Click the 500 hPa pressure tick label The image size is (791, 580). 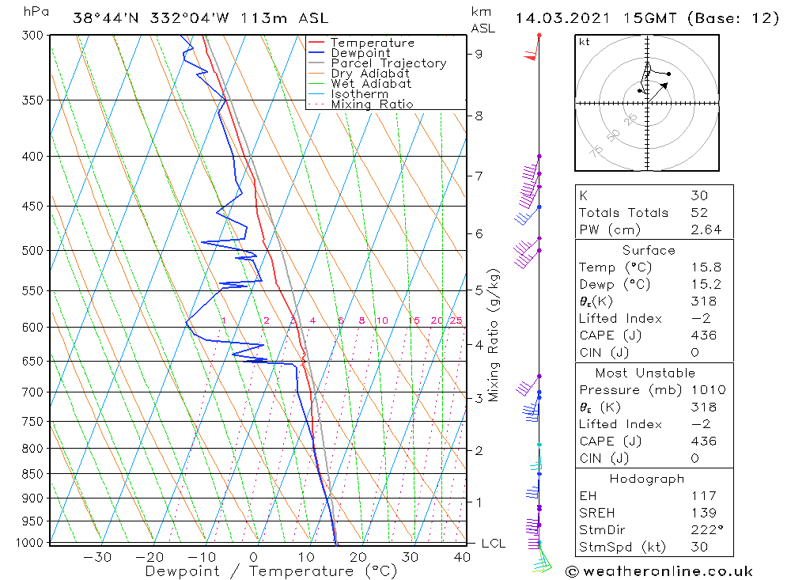pyautogui.click(x=32, y=250)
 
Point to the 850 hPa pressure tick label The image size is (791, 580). pyautogui.click(x=32, y=474)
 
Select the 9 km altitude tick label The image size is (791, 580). pyautogui.click(x=479, y=54)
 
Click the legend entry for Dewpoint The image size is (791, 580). pyautogui.click(x=360, y=53)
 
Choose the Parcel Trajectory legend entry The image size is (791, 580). pyautogui.click(x=388, y=63)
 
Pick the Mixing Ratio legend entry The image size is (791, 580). pyautogui.click(x=372, y=104)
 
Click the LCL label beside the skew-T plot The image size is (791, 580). pyautogui.click(x=494, y=543)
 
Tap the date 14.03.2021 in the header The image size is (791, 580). pyautogui.click(x=562, y=18)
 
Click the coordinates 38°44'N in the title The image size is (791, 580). pyautogui.click(x=105, y=18)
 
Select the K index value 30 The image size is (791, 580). pyautogui.click(x=699, y=195)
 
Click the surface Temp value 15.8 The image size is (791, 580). pyautogui.click(x=706, y=267)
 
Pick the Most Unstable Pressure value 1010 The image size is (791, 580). pyautogui.click(x=709, y=389)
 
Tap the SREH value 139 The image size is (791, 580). pyautogui.click(x=704, y=513)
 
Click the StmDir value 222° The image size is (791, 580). pyautogui.click(x=707, y=530)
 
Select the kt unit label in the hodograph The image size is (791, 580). pyautogui.click(x=585, y=42)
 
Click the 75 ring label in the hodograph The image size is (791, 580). pyautogui.click(x=596, y=150)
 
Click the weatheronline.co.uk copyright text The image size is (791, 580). pyautogui.click(x=660, y=571)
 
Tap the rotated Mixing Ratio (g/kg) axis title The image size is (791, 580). pyautogui.click(x=494, y=335)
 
